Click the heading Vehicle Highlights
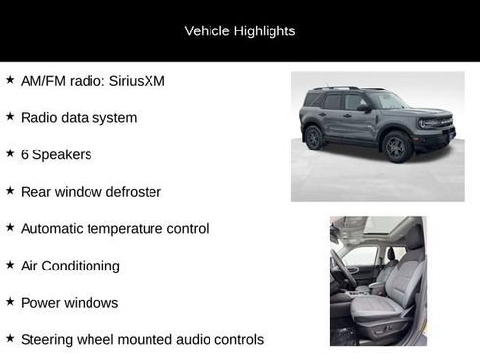pos(239,30)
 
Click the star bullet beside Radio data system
pos(10,116)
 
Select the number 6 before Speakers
pos(25,154)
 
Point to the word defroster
pos(131,192)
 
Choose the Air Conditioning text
pos(70,266)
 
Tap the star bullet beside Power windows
pos(10,301)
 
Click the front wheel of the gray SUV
pos(395,147)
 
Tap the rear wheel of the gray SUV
pos(314,138)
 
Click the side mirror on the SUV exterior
pos(365,107)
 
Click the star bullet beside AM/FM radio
pos(10,79)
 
